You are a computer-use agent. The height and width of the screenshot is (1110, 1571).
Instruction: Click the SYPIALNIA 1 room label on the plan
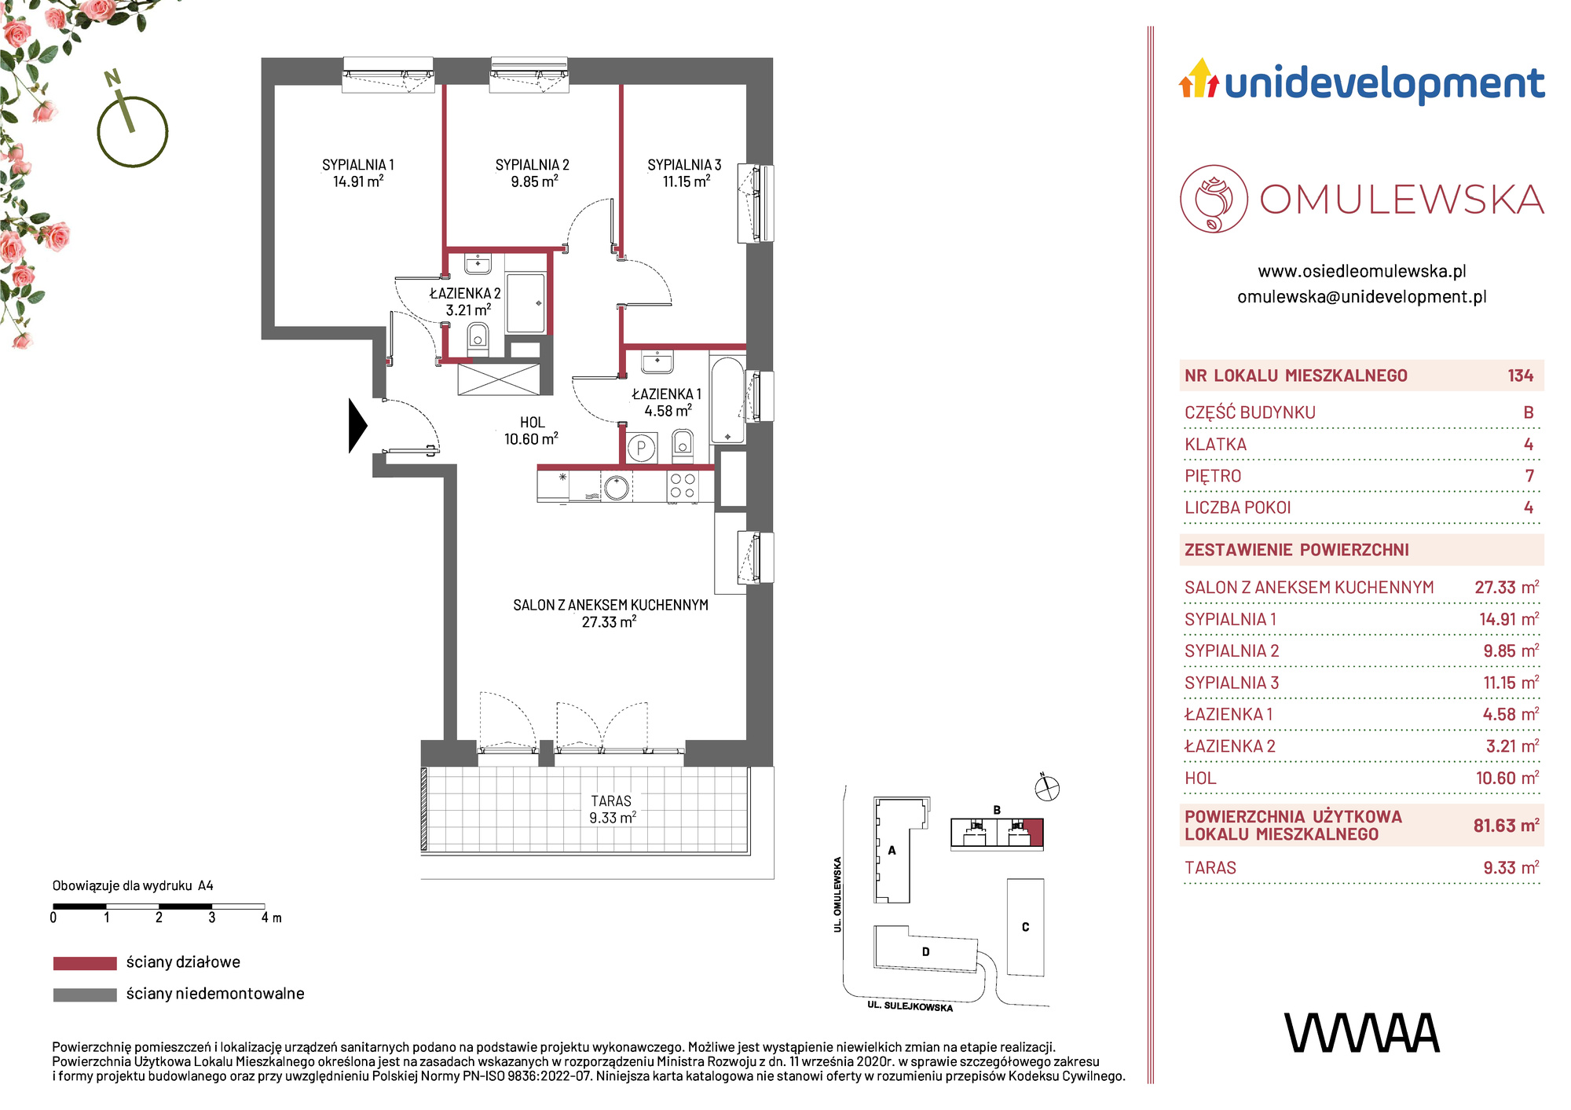click(x=358, y=165)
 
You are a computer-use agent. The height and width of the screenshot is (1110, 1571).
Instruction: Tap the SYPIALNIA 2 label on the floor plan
click(x=533, y=165)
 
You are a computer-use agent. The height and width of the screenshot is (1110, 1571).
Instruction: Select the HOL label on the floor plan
click(x=532, y=423)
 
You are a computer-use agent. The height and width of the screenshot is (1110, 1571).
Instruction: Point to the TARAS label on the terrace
click(x=611, y=801)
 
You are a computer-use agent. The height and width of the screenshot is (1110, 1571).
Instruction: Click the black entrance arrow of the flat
click(x=357, y=426)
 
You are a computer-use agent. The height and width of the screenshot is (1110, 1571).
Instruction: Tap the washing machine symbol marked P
click(x=642, y=449)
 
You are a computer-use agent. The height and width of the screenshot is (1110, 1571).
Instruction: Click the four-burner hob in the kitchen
click(x=682, y=486)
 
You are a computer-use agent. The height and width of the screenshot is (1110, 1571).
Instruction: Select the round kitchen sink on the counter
click(x=617, y=487)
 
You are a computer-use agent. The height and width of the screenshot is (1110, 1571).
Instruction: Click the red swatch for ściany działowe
click(x=85, y=963)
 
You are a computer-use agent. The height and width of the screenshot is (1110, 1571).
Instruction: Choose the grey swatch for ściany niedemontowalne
click(x=85, y=995)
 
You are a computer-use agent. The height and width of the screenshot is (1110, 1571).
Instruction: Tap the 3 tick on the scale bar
click(x=212, y=917)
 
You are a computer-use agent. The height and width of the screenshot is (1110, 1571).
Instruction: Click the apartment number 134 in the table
click(x=1520, y=375)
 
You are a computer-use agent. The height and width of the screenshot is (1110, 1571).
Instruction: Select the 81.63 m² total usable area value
click(x=1506, y=826)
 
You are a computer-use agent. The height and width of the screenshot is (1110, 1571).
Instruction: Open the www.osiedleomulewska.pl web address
click(x=1362, y=271)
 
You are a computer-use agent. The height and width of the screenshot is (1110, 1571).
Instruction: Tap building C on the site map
click(x=1025, y=927)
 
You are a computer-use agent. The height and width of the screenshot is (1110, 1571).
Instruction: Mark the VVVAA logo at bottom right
click(x=1362, y=1033)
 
